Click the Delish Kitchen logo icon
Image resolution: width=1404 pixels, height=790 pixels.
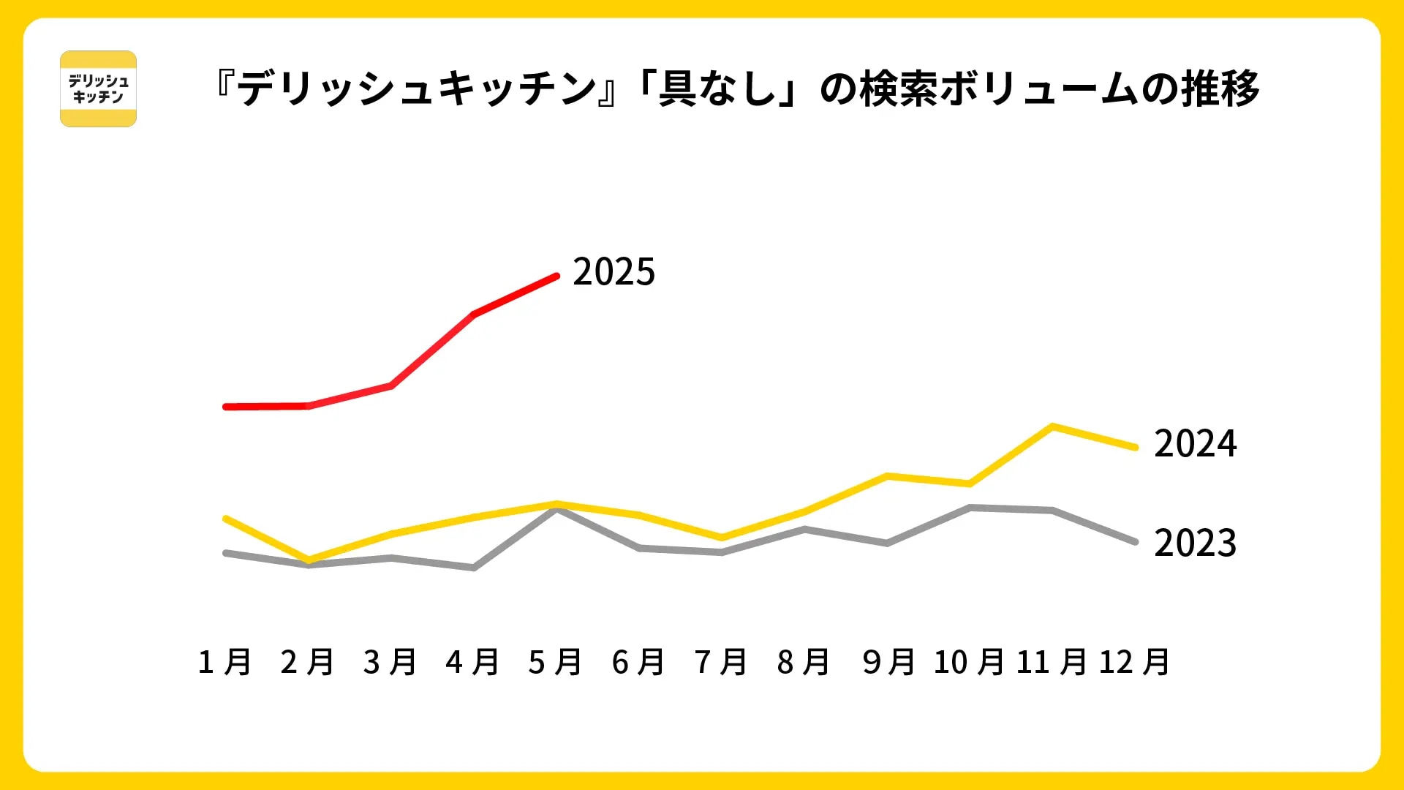click(98, 89)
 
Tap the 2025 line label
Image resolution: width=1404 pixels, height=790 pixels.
click(614, 272)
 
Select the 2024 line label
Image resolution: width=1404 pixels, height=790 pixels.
click(1195, 444)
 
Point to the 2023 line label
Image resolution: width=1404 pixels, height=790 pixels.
click(1195, 543)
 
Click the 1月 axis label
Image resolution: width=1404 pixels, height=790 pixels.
click(224, 662)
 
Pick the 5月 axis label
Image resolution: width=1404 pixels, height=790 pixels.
click(555, 662)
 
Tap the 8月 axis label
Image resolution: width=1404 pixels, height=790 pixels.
click(804, 662)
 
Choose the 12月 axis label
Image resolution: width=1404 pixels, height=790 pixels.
click(1134, 662)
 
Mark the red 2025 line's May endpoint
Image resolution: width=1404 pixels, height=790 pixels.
click(556, 276)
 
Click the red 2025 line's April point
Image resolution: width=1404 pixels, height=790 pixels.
click(474, 315)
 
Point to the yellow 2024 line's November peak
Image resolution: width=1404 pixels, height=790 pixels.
click(1052, 426)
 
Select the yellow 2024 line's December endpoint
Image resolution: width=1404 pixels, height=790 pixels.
click(1135, 447)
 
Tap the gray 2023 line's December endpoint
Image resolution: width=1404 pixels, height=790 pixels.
click(1135, 542)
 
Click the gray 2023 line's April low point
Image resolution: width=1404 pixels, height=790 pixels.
click(474, 568)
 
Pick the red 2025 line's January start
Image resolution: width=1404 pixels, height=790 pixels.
click(226, 407)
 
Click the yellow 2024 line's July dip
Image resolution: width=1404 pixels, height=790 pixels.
click(722, 538)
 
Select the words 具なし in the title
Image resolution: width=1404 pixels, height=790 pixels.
click(716, 89)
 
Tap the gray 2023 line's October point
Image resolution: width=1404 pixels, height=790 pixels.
click(970, 508)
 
